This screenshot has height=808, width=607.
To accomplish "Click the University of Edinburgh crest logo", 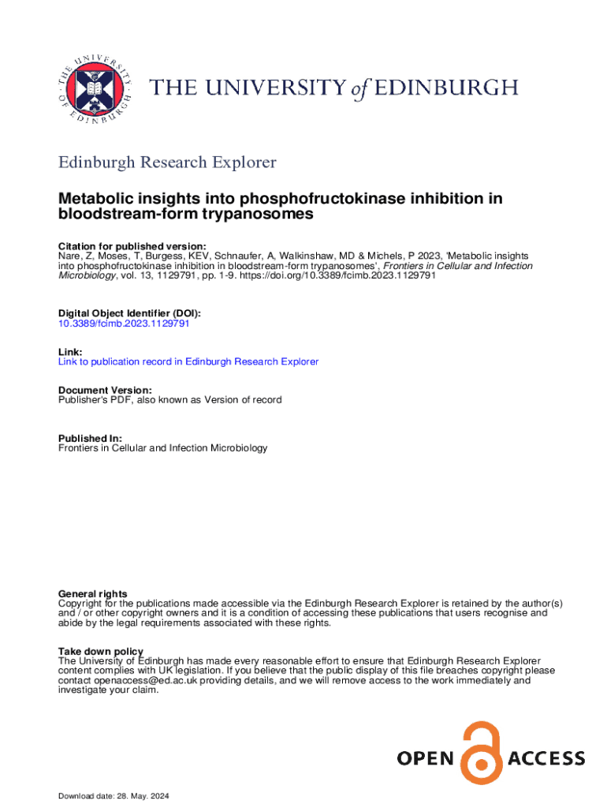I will click(94, 89).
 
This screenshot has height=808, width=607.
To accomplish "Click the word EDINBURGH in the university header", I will click(445, 87).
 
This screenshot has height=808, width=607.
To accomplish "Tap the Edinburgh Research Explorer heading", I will click(168, 163).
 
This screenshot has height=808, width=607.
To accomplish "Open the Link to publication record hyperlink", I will click(188, 361).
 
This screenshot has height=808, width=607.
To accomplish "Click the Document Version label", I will click(105, 390).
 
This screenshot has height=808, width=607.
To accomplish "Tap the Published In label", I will click(90, 438).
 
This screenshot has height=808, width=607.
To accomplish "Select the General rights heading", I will click(93, 593).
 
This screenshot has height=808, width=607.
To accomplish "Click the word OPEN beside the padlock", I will click(426, 759).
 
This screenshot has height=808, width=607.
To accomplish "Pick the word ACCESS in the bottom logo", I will click(546, 759).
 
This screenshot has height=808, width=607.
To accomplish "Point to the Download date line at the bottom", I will click(114, 795).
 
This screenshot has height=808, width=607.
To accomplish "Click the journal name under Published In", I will click(163, 448).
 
